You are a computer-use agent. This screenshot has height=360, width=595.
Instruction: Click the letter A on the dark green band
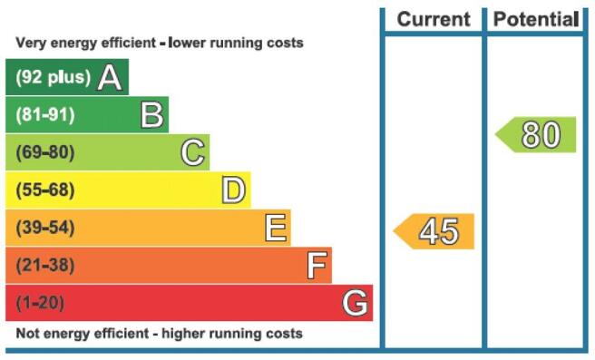pos(110,77)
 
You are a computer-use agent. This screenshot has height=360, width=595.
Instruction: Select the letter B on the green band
pos(152,114)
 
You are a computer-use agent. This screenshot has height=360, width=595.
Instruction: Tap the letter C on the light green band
pos(193,152)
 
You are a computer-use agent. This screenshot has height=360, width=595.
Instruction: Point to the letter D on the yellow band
pos(233,190)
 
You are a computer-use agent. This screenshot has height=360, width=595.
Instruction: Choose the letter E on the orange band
pos(276,228)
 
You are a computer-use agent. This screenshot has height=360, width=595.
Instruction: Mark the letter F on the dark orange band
pos(317,266)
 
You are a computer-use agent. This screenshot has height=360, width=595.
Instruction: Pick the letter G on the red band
pos(355,303)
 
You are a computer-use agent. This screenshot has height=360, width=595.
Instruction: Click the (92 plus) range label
pos(54,77)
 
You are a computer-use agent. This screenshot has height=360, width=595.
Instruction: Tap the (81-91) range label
pos(45,114)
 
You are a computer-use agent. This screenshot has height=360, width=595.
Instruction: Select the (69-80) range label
pos(45,152)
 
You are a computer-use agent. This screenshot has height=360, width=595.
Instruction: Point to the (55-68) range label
pos(45,190)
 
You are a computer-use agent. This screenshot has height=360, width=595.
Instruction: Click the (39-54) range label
pos(45,228)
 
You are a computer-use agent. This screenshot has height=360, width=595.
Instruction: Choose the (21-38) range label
pos(45,265)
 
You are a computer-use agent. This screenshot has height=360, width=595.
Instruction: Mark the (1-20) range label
pos(40,303)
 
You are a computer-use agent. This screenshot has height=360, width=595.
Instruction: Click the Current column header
pos(434,19)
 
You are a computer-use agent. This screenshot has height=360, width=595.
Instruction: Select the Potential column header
pos(536,19)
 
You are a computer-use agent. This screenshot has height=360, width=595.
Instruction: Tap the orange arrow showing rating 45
pos(434,231)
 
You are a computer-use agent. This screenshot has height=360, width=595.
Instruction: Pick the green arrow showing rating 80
pos(535,135)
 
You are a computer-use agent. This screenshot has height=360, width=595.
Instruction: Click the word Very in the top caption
pos(31,43)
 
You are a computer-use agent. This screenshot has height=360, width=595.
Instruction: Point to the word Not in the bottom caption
pos(28,334)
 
